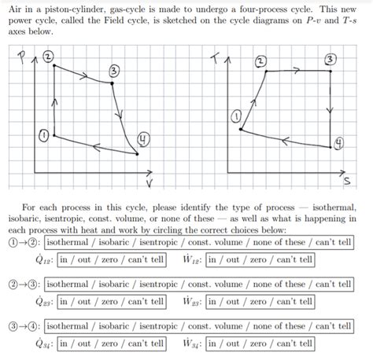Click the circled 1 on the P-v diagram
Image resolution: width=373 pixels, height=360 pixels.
pos(45,135)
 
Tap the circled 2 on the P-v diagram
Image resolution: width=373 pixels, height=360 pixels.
pos(49,57)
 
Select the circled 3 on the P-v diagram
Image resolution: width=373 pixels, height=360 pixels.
pos(115,72)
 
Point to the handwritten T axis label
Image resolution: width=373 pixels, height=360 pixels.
pos(217,58)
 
